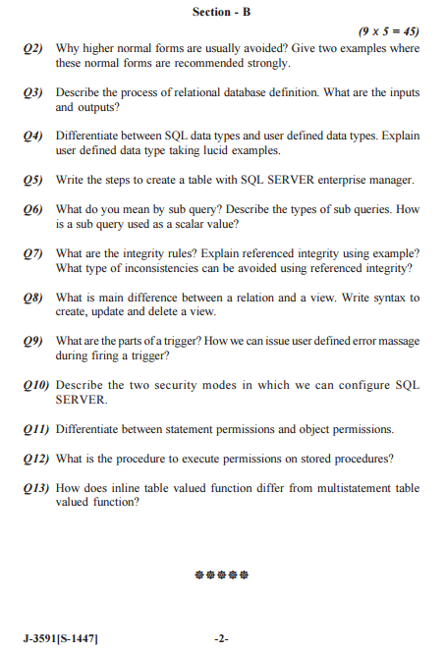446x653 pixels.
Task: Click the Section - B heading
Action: click(222, 12)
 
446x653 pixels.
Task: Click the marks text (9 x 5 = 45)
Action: click(390, 31)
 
